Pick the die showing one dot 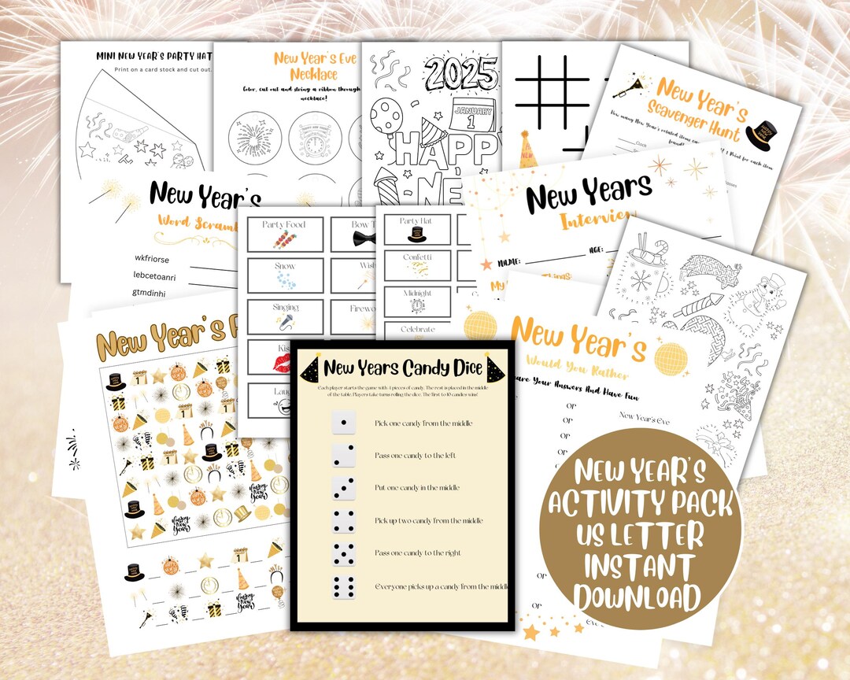tap(345, 423)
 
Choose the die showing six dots tap(345, 586)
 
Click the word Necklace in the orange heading tap(305, 74)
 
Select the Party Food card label tap(284, 225)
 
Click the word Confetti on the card tap(418, 256)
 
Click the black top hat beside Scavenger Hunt tap(761, 134)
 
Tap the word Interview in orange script tap(594, 218)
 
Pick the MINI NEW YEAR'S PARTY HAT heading tap(153, 55)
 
